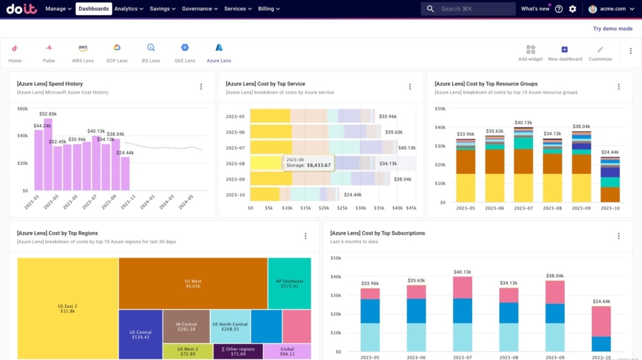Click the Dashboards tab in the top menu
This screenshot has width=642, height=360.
tap(93, 9)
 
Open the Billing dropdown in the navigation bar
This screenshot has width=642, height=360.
tap(269, 9)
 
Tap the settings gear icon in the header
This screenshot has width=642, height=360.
tap(572, 9)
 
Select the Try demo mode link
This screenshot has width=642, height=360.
tap(613, 29)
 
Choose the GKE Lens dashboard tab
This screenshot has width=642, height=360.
tap(185, 53)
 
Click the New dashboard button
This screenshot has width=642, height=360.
tap(565, 53)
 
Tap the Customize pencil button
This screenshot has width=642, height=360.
tap(600, 53)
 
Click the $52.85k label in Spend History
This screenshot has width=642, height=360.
tap(48, 114)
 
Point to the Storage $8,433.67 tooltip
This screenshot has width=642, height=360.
tap(308, 162)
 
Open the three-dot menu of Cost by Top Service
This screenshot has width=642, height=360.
tap(410, 87)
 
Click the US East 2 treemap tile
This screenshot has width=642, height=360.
tap(67, 308)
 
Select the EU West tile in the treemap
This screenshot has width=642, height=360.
tap(192, 283)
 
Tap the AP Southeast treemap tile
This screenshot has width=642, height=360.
tap(290, 283)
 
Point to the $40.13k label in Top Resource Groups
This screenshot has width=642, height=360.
tap(523, 123)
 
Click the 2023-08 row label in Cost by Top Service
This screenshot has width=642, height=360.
tap(236, 164)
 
